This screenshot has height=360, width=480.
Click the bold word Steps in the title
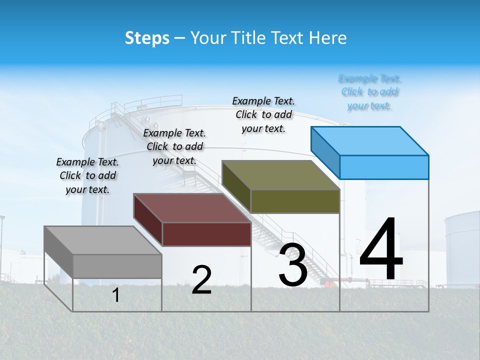[x=147, y=38]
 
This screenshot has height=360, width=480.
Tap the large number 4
[x=381, y=250]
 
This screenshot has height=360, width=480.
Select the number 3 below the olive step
[x=293, y=265]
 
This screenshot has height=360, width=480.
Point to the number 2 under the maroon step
[x=201, y=280]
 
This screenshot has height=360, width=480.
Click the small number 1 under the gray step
[x=116, y=295]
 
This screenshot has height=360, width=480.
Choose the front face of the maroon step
[x=206, y=234]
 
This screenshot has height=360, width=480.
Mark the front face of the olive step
[x=295, y=201]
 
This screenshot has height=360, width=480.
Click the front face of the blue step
[x=384, y=167]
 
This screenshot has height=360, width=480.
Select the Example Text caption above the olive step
[x=263, y=114]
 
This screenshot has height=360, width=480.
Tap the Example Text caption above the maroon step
[x=174, y=146]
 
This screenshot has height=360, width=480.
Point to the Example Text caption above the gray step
[x=87, y=175]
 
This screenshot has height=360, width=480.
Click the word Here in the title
[x=328, y=38]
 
